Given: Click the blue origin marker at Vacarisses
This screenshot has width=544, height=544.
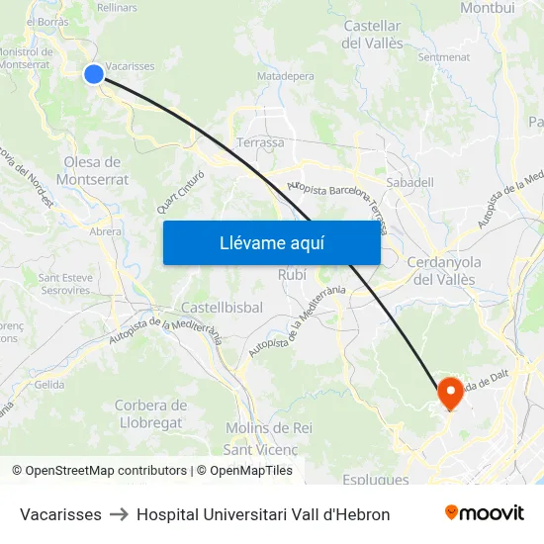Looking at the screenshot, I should pyautogui.click(x=94, y=73).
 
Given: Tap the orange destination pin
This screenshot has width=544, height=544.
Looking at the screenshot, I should pyautogui.click(x=450, y=393).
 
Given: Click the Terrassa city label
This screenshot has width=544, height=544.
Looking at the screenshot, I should pyautogui.click(x=260, y=142).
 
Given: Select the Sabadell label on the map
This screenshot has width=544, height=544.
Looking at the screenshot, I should pyautogui.click(x=409, y=182).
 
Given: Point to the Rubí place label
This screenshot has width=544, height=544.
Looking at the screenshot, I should pyautogui.click(x=292, y=274).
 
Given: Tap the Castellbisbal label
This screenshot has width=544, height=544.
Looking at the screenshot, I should pyautogui.click(x=222, y=308).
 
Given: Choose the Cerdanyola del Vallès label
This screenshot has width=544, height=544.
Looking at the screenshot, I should pyautogui.click(x=444, y=270).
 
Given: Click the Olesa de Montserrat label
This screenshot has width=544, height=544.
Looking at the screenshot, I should pyautogui.click(x=92, y=170).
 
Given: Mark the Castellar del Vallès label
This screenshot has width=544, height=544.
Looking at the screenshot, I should pyautogui.click(x=372, y=35).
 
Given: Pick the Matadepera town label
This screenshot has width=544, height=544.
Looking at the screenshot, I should pyautogui.click(x=285, y=75).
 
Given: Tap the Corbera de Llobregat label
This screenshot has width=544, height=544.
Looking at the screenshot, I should pyautogui.click(x=150, y=413).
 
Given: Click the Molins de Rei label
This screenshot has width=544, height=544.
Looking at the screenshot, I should pyautogui.click(x=269, y=427).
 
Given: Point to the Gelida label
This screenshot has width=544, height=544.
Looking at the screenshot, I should pyautogui.click(x=49, y=385).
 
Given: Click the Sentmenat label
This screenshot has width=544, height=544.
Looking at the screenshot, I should pyautogui.click(x=444, y=57).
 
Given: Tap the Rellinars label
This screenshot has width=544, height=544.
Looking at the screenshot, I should pyautogui.click(x=117, y=8).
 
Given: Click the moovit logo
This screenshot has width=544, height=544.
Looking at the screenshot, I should pyautogui.click(x=485, y=513).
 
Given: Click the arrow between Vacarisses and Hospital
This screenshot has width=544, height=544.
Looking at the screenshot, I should pyautogui.click(x=119, y=514).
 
